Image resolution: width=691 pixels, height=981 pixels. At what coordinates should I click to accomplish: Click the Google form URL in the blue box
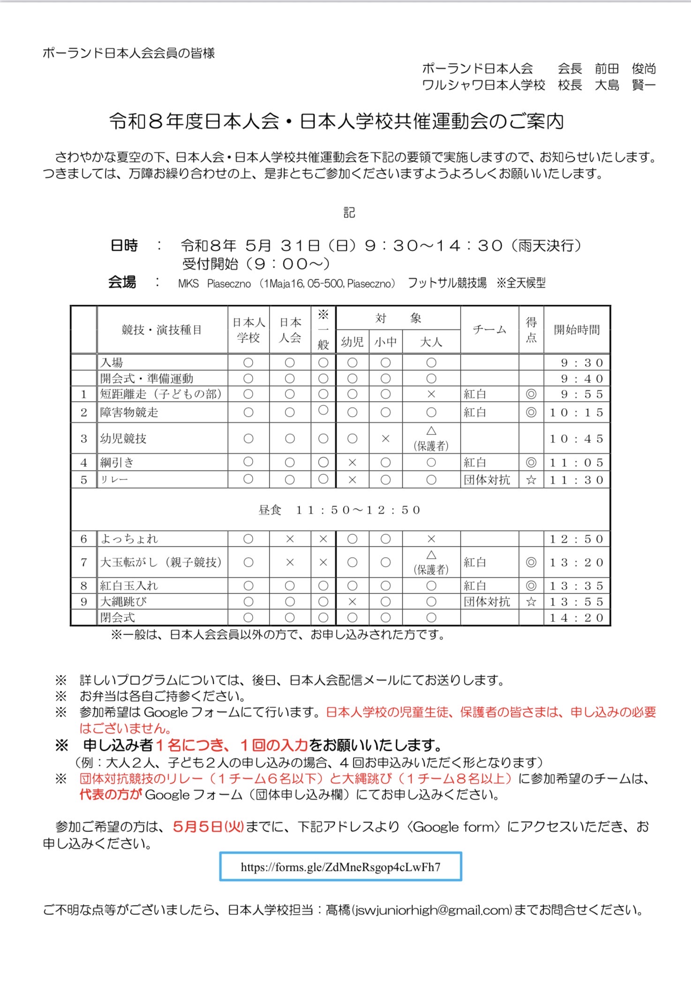click(x=340, y=867)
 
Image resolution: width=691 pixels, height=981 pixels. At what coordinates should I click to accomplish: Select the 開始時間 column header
click(x=577, y=329)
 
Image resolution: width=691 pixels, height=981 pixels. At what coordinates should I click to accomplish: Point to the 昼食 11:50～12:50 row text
click(x=340, y=510)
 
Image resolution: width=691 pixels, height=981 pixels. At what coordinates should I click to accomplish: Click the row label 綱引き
click(x=117, y=463)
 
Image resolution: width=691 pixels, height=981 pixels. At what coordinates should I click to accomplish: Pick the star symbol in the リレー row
click(x=531, y=480)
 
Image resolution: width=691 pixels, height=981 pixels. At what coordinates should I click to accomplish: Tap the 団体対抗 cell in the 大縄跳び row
click(x=487, y=602)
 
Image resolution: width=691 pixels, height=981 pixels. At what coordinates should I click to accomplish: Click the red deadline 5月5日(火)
click(x=208, y=826)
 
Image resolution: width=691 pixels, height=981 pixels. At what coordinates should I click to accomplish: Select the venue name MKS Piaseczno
click(x=214, y=284)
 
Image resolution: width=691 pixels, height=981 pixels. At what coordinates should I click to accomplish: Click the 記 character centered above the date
click(x=349, y=213)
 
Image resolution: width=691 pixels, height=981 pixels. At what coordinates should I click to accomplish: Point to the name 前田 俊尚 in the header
click(x=625, y=69)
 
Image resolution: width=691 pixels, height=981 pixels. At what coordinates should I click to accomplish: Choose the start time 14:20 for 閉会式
click(x=577, y=618)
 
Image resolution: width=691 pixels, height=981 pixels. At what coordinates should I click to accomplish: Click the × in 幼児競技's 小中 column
click(x=385, y=439)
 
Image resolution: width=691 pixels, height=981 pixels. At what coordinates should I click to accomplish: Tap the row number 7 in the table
click(x=84, y=562)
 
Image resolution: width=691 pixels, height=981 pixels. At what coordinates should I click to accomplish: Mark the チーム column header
click(x=489, y=329)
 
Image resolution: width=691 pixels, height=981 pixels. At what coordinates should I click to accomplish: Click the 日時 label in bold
click(x=124, y=246)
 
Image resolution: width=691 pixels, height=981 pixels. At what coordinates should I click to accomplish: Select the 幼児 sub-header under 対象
click(x=352, y=342)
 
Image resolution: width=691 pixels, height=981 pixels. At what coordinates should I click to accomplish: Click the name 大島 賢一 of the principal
click(x=625, y=85)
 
